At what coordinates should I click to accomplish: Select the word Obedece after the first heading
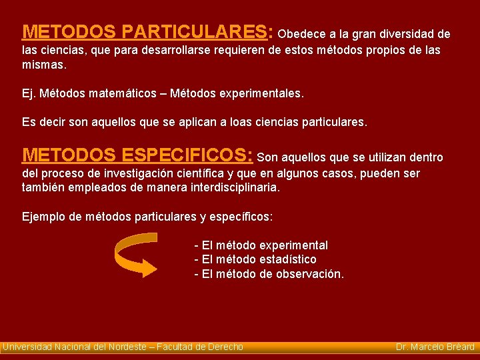(x=301, y=34)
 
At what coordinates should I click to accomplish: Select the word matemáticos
(x=124, y=94)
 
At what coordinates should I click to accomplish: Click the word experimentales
(x=261, y=94)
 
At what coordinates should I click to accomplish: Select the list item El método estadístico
(x=255, y=259)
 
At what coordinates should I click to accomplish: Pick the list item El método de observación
(x=269, y=274)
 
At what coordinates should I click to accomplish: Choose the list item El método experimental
(x=261, y=245)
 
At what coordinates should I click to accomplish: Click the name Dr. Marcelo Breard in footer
(x=435, y=347)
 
